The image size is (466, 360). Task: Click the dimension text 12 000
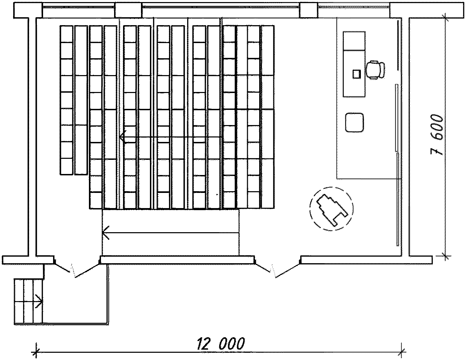[x=221, y=343]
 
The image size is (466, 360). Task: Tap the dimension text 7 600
[x=437, y=135]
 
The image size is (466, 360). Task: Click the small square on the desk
[x=357, y=73]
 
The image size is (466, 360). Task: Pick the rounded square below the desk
[x=355, y=122]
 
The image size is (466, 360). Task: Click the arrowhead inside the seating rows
[x=123, y=137]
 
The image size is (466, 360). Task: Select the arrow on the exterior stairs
[x=39, y=301]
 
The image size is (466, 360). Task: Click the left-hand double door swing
[x=77, y=271]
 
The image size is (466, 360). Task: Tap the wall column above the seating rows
[x=128, y=10]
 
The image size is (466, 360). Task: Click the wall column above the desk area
[x=308, y=10]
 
